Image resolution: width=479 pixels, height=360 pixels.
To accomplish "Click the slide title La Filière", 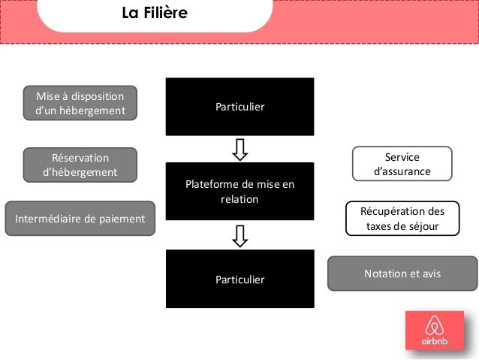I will coord(155,14).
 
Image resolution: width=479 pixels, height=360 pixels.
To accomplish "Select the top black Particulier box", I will coord(239,107).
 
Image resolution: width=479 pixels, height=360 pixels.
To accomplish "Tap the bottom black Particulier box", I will coord(239,279).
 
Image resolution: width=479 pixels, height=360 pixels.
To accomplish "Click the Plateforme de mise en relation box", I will coord(239,192).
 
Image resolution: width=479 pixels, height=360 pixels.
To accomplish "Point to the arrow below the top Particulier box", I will coord(239,149).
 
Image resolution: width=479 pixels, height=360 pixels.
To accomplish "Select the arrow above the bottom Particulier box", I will coord(239,235).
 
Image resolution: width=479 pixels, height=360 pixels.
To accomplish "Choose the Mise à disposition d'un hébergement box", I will coord(80,103).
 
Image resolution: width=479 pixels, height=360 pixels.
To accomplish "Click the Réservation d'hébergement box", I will coord(80,165).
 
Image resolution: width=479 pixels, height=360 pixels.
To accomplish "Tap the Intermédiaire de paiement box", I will coord(80,219).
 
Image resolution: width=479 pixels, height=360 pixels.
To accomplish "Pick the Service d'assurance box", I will coord(402,164).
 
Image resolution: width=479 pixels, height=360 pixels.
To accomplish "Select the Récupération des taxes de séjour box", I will coord(402,219).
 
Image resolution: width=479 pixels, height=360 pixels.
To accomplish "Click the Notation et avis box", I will coord(402,274).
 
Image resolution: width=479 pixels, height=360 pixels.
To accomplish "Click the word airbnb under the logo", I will coord(434,341).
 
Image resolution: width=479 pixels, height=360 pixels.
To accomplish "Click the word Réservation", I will coord(80,157).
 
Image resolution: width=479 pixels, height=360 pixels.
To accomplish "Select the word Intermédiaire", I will coord(47,219).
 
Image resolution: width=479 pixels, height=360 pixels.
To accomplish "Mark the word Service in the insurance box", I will coord(402,156).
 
